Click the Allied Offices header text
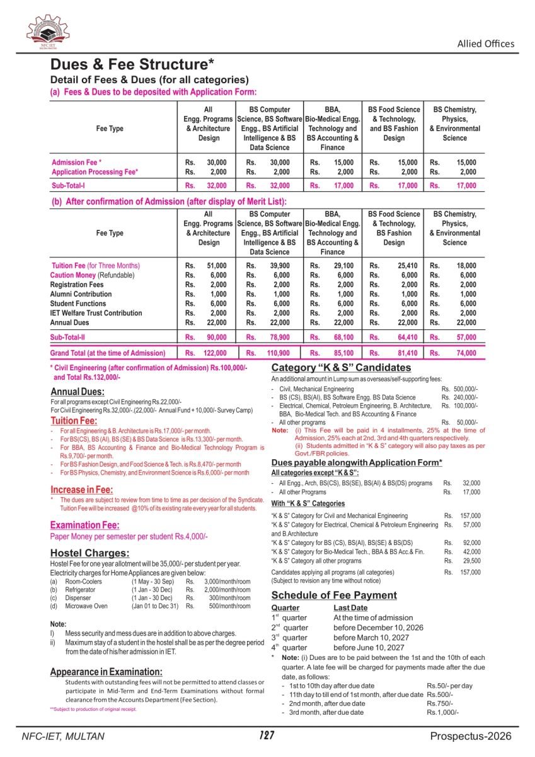click(485, 44)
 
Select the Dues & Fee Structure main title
click(132, 64)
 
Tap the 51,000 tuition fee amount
click(216, 266)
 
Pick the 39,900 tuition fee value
click(280, 266)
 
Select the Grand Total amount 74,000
click(466, 353)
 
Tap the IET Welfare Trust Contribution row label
click(96, 313)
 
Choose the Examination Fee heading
click(84, 525)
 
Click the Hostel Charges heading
click(89, 553)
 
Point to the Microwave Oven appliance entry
click(86, 606)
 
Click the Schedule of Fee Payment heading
click(334, 595)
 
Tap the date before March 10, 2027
click(371, 638)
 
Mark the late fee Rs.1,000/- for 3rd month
click(442, 712)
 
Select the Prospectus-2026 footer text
click(471, 736)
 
